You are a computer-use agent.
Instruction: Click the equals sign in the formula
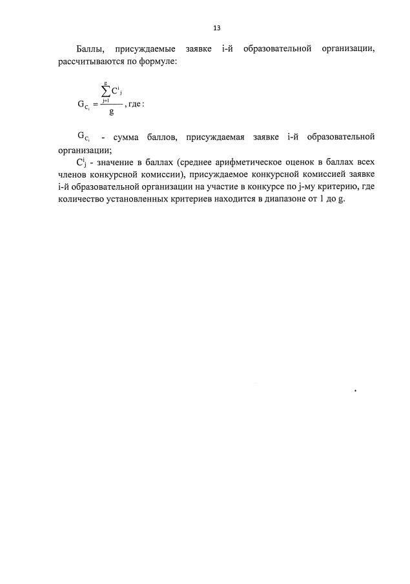[x=96, y=103]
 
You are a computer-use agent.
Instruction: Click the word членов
[x=73, y=174]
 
